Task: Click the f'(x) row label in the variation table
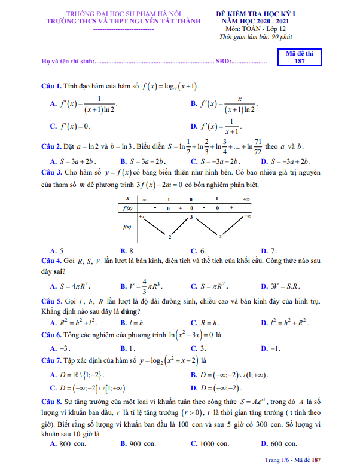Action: [x=127, y=208]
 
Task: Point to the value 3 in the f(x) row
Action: [x=191, y=218]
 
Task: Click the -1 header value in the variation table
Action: [x=167, y=198]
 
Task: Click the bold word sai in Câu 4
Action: [x=59, y=271]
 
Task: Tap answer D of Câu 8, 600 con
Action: [x=279, y=444]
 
